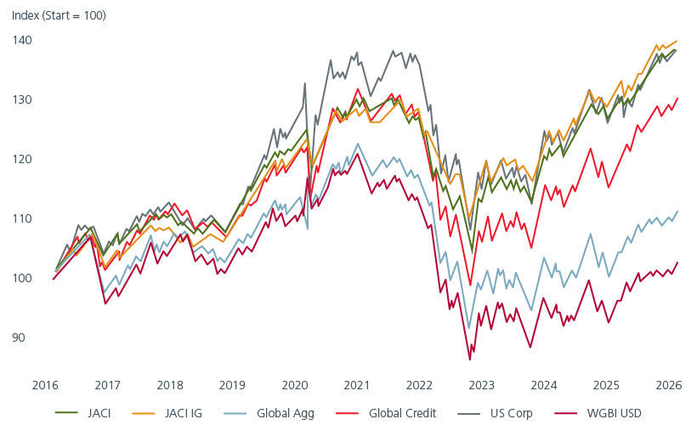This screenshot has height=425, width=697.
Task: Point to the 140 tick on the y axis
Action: [22, 40]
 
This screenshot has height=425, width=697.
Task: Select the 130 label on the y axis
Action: [22, 99]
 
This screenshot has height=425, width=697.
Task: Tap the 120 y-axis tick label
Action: [22, 159]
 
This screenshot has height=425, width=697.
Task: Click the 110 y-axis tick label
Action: [22, 218]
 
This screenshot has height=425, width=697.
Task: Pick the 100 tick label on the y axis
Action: [22, 278]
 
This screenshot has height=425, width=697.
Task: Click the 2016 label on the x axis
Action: [45, 383]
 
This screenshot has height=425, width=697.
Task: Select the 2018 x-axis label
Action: [170, 383]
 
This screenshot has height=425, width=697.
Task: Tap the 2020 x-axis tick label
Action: [295, 383]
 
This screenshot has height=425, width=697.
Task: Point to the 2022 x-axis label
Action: [420, 383]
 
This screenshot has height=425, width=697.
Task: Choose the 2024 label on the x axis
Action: [545, 383]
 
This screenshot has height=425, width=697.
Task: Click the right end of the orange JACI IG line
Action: [677, 41]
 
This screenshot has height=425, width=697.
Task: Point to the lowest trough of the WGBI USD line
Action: [470, 360]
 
